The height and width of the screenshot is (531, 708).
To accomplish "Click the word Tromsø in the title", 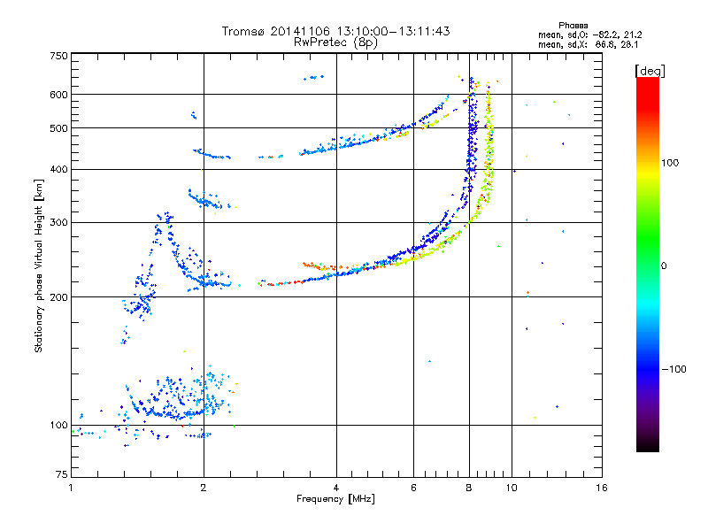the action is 244,31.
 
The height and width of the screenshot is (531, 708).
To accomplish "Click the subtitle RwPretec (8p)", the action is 335,42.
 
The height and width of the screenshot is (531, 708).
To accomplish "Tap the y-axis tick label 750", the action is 58,56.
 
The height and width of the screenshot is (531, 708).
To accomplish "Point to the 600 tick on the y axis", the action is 58,95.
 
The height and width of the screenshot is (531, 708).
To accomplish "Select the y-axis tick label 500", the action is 58,128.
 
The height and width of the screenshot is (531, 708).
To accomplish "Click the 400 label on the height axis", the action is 58,169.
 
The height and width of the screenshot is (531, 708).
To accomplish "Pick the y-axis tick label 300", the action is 58,222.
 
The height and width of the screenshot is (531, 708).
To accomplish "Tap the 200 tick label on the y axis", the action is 58,297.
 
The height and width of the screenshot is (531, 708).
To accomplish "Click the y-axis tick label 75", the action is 62,474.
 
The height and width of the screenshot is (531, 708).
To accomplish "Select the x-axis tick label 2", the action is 204,488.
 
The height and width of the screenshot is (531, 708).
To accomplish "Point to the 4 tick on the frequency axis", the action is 336,488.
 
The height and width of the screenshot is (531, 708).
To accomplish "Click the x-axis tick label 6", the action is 413,488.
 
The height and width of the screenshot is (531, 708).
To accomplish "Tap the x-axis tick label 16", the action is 602,488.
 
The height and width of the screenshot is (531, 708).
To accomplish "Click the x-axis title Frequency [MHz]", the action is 335,499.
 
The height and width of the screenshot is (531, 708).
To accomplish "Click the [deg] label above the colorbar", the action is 650,71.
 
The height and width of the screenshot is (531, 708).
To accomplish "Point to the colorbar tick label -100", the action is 673,369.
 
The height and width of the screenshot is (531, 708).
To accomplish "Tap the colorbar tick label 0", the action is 664,265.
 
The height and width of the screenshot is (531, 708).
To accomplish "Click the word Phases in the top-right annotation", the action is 573,26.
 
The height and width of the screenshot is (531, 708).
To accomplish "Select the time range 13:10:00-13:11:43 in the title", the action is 393,31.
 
